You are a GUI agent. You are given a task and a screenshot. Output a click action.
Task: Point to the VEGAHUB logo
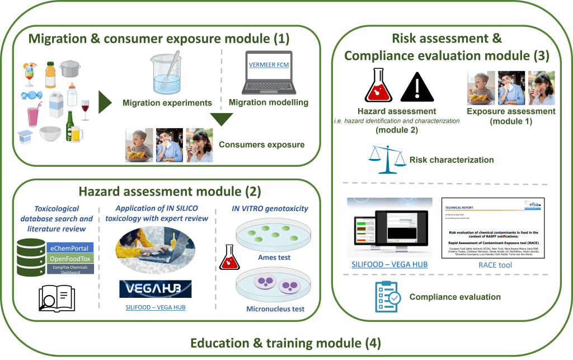pyautogui.click(x=155, y=289)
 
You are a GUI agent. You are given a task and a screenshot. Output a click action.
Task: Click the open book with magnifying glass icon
pyautogui.click(x=55, y=297)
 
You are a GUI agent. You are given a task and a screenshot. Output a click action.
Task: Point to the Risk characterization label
pyautogui.click(x=452, y=160)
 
